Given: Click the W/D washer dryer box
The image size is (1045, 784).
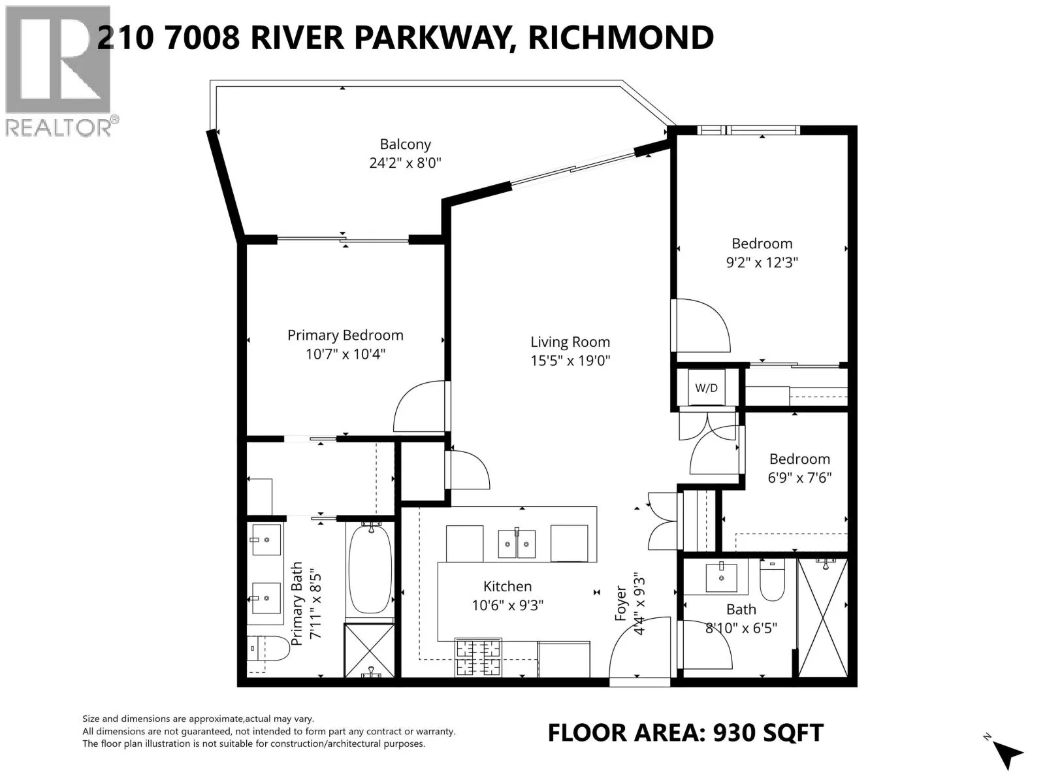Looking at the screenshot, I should click(706, 388).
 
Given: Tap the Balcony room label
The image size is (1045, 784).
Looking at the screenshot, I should click(406, 144).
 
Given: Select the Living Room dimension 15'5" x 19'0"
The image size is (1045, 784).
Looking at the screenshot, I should click(570, 361).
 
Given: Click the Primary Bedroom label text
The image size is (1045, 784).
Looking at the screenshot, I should click(346, 335).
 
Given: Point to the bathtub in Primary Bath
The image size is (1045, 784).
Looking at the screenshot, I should click(370, 568).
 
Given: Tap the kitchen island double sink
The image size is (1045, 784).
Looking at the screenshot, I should click(517, 544).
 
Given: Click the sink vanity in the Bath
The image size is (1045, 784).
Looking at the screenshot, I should click(722, 576).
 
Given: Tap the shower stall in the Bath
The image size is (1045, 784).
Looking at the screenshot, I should click(823, 617).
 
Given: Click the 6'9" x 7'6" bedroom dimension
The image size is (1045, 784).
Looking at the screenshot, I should click(799, 478).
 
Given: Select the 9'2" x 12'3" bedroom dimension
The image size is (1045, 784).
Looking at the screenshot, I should click(762, 263).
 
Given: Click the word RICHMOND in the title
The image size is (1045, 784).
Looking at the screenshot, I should click(620, 37).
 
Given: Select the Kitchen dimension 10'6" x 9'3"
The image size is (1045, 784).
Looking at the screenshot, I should click(507, 606).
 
